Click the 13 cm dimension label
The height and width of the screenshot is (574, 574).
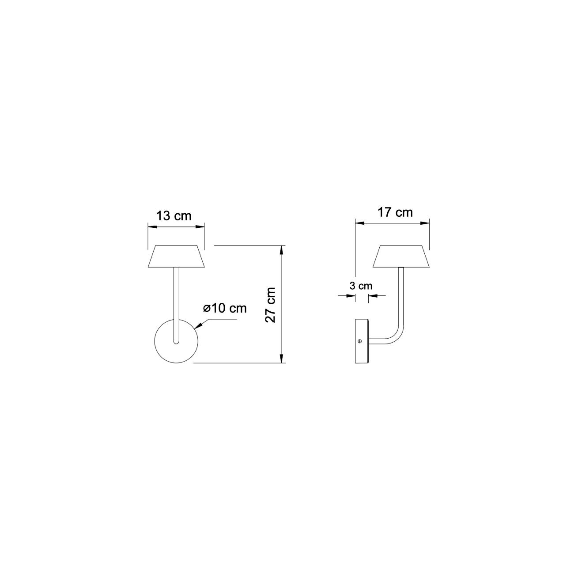coord(174,216)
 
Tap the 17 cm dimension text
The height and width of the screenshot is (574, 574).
coord(395,213)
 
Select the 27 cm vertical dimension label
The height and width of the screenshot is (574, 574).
coord(271,305)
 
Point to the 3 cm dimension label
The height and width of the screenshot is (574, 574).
coord(361,286)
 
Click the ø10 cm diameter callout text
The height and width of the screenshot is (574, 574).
coord(225,308)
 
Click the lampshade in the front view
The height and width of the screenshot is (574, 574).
coord(176,257)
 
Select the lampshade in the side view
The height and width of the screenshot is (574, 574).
coord(401,257)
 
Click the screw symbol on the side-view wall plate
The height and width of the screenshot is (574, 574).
coord(360,341)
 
